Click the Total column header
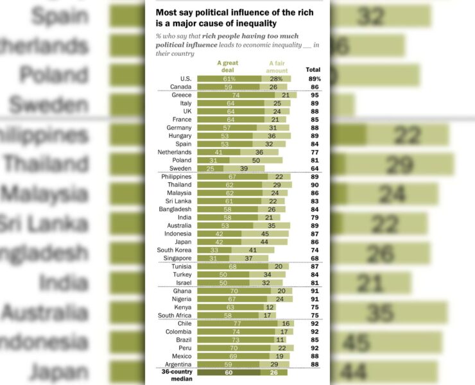click(x=313, y=69)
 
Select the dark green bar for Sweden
click(x=210, y=169)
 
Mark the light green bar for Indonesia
click(x=264, y=234)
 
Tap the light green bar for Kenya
click(x=271, y=307)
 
